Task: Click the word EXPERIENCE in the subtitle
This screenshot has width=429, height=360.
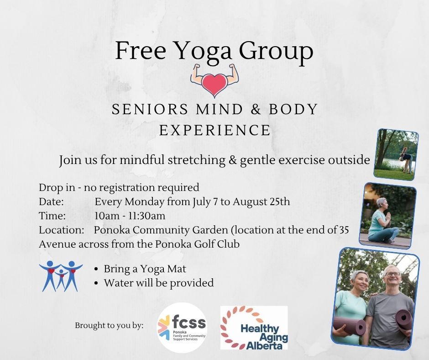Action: click(x=214, y=130)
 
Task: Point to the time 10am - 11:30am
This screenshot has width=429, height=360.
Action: click(x=130, y=216)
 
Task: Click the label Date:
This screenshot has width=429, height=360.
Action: click(x=51, y=201)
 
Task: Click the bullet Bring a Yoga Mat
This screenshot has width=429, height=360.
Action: click(x=145, y=269)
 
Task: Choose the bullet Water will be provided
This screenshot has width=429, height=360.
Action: click(x=158, y=283)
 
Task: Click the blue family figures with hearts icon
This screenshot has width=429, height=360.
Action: click(x=61, y=275)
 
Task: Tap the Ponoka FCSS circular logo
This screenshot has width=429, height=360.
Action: click(x=182, y=327)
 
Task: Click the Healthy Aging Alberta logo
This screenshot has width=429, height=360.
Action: click(x=254, y=328)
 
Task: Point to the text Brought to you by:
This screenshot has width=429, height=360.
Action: click(x=109, y=325)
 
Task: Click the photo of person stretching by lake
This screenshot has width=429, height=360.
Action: click(x=396, y=154)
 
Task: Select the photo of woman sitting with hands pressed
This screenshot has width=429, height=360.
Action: click(x=387, y=216)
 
